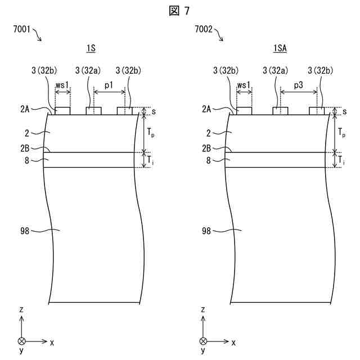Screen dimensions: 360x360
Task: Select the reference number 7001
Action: tap(22, 29)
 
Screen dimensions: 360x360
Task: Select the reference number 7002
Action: tap(204, 29)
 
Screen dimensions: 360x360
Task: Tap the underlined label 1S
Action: tap(90, 49)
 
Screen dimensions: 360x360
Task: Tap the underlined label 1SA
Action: tap(280, 49)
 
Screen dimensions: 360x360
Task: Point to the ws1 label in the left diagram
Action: tap(62, 84)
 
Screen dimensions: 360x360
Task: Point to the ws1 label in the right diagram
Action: tap(244, 84)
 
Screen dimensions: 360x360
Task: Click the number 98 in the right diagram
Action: tap(206, 231)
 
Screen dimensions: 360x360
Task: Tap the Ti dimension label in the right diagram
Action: tap(343, 160)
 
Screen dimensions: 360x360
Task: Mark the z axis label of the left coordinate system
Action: tap(21, 310)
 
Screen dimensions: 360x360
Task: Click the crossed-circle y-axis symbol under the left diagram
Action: tap(21, 341)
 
